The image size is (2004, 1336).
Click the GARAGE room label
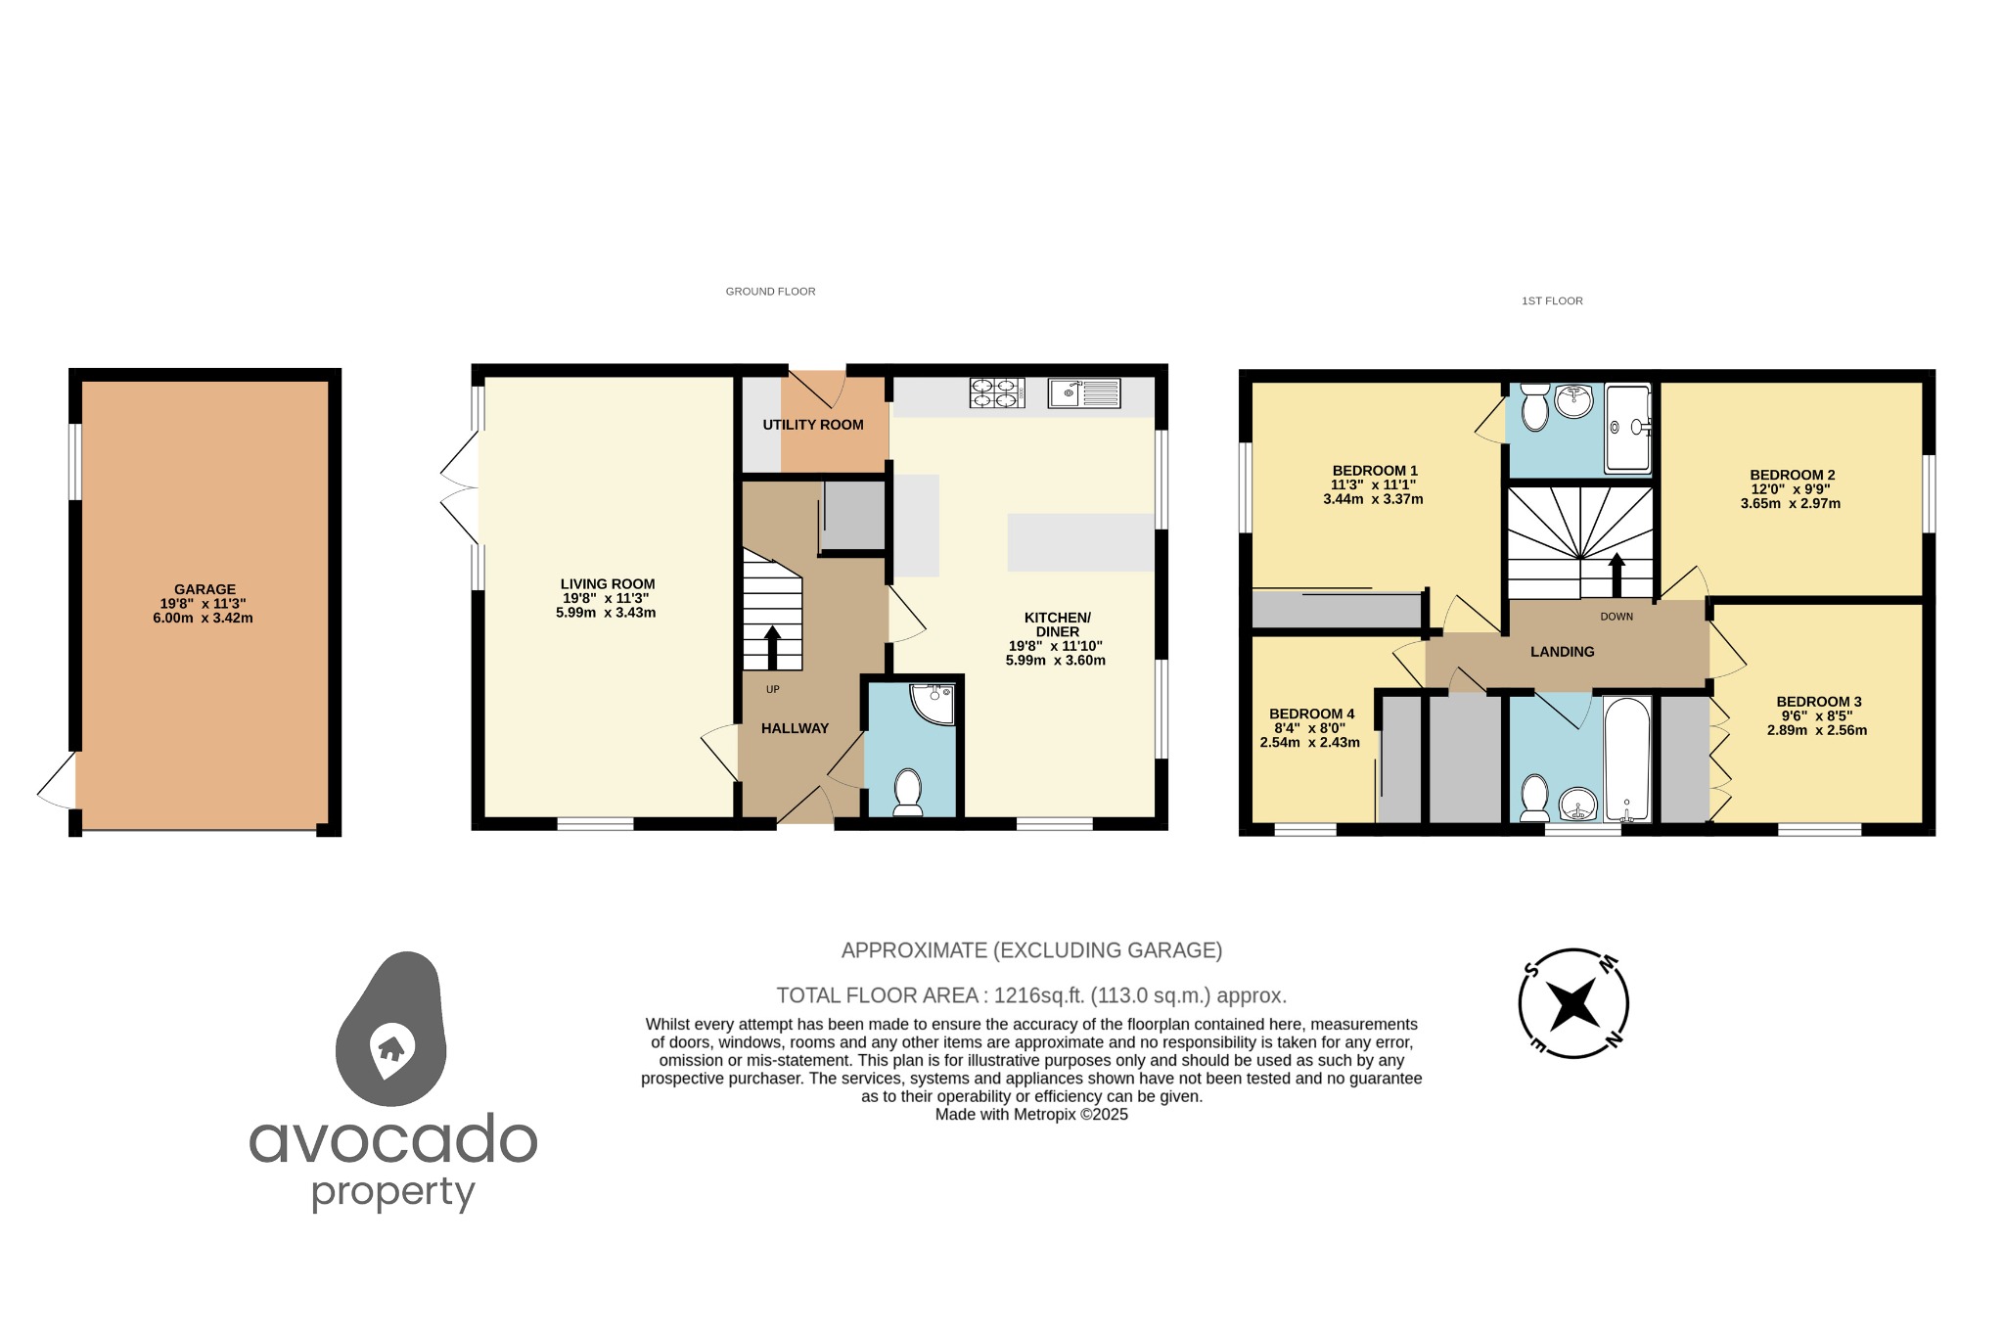pyautogui.click(x=205, y=589)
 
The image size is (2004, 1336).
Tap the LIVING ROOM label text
pyautogui.click(x=607, y=584)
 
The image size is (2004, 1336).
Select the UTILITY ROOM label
pyautogui.click(x=813, y=425)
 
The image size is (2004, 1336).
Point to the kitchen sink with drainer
pyautogui.click(x=1084, y=393)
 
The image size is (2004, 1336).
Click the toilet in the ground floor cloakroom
pyautogui.click(x=908, y=791)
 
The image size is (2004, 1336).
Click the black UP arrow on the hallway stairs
pyautogui.click(x=772, y=646)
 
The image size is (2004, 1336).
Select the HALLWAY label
pyautogui.click(x=795, y=728)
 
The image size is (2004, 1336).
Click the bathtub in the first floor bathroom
pyautogui.click(x=1626, y=758)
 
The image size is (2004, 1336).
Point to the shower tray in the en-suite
pyautogui.click(x=1626, y=428)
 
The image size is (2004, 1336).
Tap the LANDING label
pyautogui.click(x=1562, y=652)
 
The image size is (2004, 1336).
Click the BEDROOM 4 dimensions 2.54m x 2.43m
pyautogui.click(x=1309, y=743)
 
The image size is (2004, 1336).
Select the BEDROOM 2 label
pyautogui.click(x=1792, y=476)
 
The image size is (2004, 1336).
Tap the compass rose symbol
pyautogui.click(x=1572, y=1003)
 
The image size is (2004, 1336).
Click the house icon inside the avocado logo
pyautogui.click(x=391, y=1048)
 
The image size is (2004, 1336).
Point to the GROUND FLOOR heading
pyautogui.click(x=770, y=292)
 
